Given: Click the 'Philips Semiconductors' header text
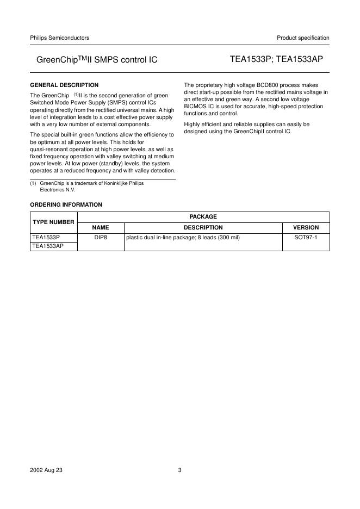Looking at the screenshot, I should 59,38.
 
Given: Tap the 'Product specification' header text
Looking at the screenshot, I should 303,38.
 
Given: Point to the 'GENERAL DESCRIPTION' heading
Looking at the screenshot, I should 64,85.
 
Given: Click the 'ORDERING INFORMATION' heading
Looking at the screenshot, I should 66,204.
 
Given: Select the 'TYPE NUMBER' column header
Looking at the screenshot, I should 53,222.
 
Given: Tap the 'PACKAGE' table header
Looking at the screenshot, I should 203,216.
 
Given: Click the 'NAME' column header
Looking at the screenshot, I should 101,227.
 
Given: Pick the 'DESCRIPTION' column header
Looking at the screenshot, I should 203,227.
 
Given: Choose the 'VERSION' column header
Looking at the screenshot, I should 306,227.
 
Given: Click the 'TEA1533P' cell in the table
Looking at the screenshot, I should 46,238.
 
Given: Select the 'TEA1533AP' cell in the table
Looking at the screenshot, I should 48,246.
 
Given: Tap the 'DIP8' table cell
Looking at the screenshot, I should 101,238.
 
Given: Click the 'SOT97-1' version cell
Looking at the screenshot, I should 306,238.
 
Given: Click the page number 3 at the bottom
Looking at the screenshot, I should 179,470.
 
